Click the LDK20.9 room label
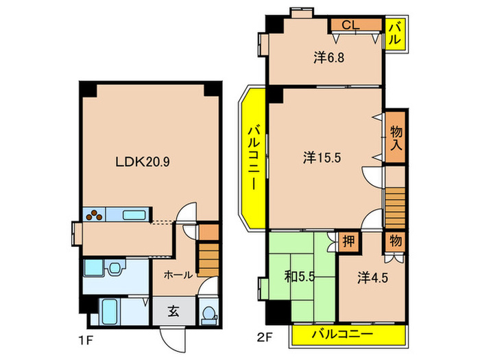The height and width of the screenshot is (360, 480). tap(143, 162)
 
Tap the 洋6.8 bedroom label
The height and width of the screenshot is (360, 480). tap(328, 57)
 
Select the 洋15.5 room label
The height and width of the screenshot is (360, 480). tap(322, 158)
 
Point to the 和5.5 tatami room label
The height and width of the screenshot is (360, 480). tap(300, 277)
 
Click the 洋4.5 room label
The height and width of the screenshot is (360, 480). tap(372, 278)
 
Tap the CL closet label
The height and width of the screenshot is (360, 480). tap(350, 25)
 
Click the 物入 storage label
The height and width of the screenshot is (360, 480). tap(396, 139)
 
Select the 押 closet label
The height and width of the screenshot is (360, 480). tap(348, 241)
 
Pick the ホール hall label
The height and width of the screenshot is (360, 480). tap(178, 275)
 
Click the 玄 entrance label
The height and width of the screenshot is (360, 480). tap(173, 312)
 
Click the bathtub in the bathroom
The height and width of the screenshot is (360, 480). tap(110, 311)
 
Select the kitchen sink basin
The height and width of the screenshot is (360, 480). tap(134, 215)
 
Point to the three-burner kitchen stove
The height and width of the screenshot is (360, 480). tap(95, 214)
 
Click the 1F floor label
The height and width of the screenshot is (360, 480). tap(85, 340)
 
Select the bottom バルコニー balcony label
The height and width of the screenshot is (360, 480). tap(342, 334)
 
